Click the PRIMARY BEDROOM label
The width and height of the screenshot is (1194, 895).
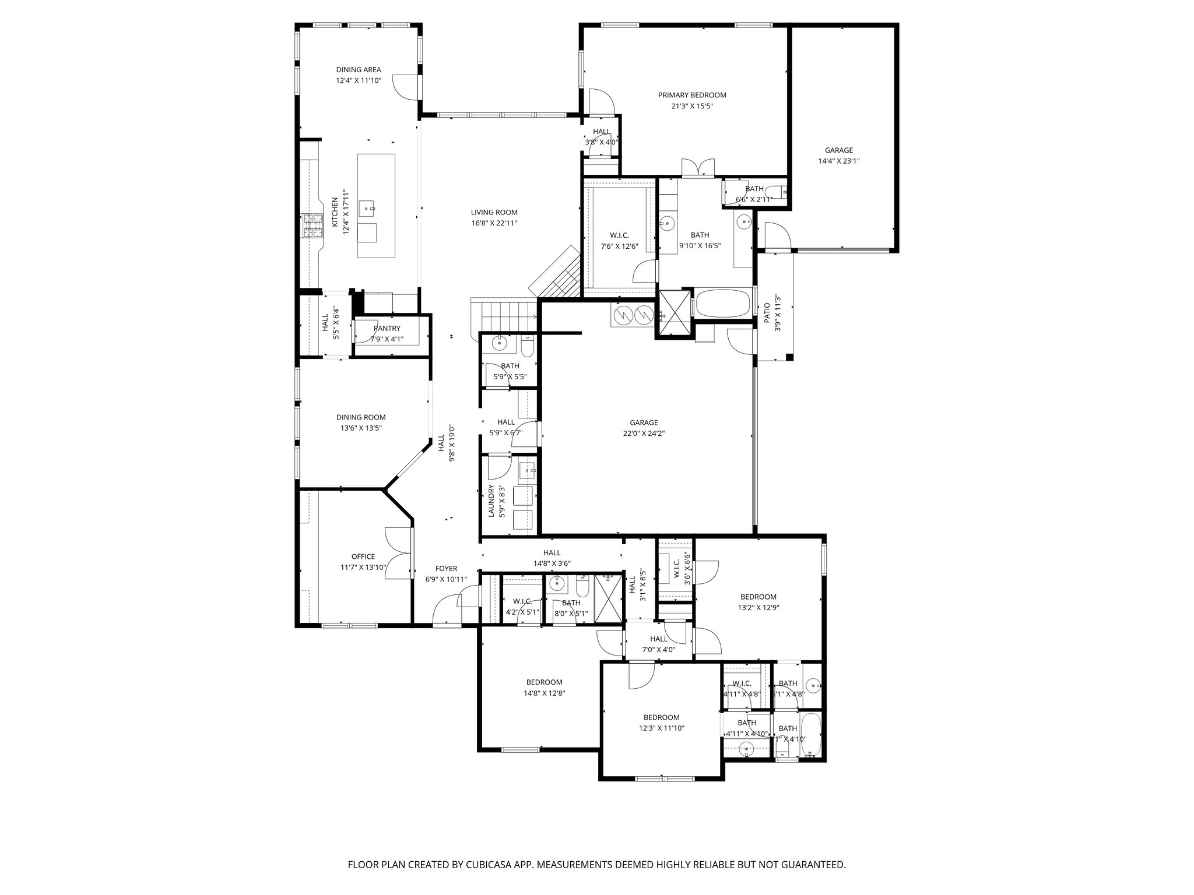click(692, 95)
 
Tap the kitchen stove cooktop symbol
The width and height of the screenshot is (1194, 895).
click(312, 227)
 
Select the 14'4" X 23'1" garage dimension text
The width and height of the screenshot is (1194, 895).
click(838, 161)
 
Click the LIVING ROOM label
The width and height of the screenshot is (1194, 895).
click(494, 213)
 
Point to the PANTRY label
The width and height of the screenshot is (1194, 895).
click(387, 329)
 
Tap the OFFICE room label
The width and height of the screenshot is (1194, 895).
click(363, 556)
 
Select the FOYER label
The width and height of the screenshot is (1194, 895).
click(446, 569)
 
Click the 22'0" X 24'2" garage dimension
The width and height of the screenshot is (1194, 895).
click(644, 434)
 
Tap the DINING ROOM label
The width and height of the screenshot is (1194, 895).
click(361, 417)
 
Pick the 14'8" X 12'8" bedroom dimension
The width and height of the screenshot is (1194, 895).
click(544, 693)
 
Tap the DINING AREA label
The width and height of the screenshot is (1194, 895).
click(358, 70)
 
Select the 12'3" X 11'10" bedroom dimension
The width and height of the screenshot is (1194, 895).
click(661, 728)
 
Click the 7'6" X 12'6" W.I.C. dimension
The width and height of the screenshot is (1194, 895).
click(619, 246)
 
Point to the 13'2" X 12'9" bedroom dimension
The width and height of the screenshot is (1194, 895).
click(758, 607)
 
